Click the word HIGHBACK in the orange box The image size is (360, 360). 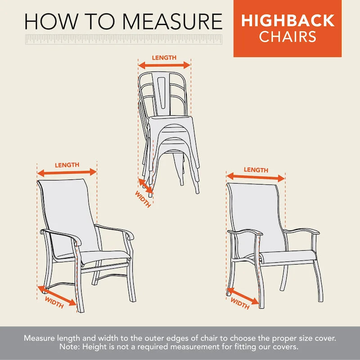pos(287,21)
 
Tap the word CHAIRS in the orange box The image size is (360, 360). pos(287,36)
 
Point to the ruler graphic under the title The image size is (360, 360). pos(124,40)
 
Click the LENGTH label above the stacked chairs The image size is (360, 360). pos(164,58)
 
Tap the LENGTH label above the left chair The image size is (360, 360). pos(67,165)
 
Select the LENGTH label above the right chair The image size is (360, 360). pos(256,170)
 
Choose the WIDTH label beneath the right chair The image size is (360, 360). pos(240,304)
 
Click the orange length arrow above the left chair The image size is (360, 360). pos(67,172)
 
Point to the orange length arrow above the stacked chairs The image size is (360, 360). pos(164,65)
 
